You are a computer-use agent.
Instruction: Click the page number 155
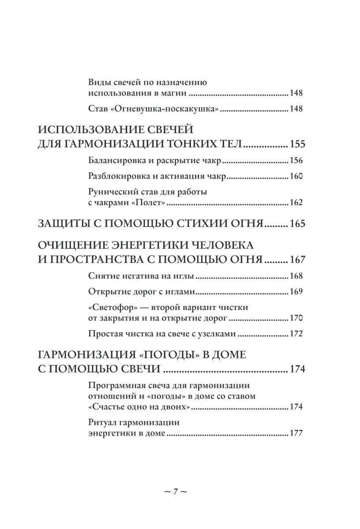(x=297, y=145)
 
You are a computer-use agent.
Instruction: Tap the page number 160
(x=296, y=176)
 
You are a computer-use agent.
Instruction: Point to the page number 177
(x=296, y=433)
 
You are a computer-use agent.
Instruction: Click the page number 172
(x=296, y=334)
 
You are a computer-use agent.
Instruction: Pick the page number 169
(x=296, y=292)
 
